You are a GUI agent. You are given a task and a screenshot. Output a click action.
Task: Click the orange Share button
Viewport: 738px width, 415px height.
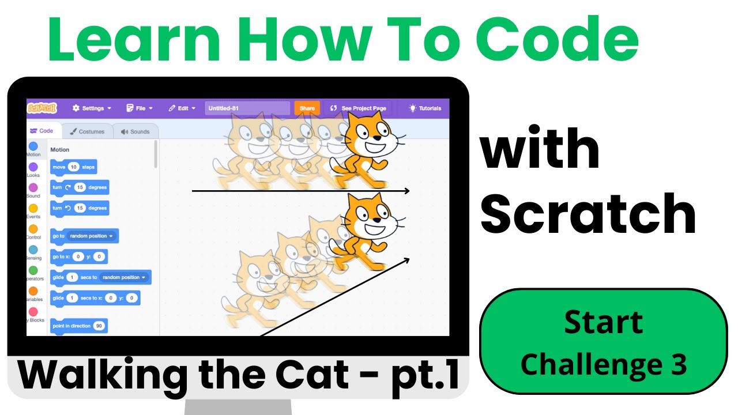click(307, 108)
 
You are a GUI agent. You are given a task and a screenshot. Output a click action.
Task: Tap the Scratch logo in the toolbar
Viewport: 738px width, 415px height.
click(42, 108)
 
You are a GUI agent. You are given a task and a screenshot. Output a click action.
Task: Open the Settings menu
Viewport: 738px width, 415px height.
click(92, 108)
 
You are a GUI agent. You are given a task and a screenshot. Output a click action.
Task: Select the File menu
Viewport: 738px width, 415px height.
click(140, 108)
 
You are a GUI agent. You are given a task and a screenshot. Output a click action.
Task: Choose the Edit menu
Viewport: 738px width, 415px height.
click(182, 108)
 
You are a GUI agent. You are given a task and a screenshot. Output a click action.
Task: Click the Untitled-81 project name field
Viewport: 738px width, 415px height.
click(247, 108)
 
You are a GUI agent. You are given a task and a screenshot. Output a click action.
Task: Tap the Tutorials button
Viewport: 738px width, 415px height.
click(425, 108)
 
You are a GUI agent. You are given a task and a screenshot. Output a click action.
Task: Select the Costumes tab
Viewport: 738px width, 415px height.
click(87, 131)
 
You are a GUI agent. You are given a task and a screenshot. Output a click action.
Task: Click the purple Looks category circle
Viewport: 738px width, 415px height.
click(33, 167)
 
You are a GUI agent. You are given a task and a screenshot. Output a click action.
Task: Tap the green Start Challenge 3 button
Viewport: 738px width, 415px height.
click(603, 342)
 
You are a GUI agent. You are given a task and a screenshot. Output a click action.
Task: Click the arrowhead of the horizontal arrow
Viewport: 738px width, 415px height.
click(407, 191)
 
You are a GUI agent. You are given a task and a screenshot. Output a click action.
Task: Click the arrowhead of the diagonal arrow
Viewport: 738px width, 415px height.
click(406, 260)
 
